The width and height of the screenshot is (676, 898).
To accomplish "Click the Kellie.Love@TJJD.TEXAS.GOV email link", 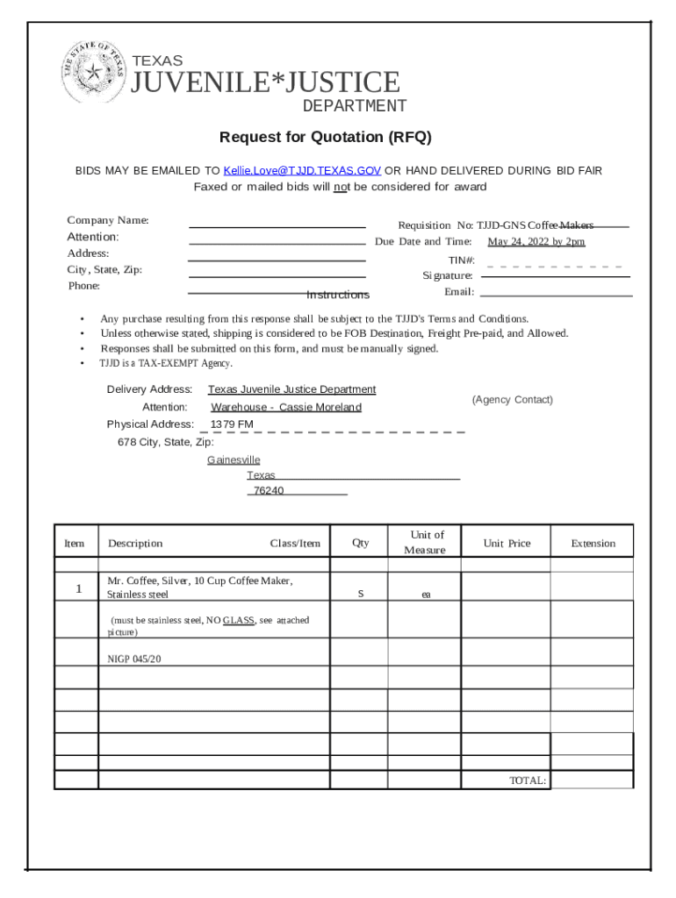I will click(302, 171).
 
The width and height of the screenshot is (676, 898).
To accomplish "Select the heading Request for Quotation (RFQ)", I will click(326, 138).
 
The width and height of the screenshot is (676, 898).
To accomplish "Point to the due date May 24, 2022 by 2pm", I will click(536, 242).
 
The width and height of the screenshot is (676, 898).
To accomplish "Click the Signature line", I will click(556, 276).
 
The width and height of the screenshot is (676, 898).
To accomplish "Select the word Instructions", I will click(338, 295).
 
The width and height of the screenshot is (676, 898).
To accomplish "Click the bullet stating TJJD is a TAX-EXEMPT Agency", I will click(166, 363).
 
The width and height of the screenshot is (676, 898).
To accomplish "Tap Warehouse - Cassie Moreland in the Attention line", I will click(285, 407).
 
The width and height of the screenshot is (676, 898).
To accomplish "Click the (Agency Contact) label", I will click(512, 400).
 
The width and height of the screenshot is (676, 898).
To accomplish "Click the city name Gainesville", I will click(234, 460).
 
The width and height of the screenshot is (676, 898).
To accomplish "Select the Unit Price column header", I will click(507, 543).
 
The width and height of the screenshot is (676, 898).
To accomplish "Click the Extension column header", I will click(593, 543).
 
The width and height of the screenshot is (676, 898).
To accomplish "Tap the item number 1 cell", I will click(77, 588).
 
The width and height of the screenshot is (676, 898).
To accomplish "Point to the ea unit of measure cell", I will click(426, 595).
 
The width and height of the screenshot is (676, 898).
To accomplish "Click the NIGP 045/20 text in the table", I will click(133, 658).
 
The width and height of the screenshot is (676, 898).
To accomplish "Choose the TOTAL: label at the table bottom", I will click(528, 780).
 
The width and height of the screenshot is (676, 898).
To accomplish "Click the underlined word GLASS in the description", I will click(238, 620).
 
